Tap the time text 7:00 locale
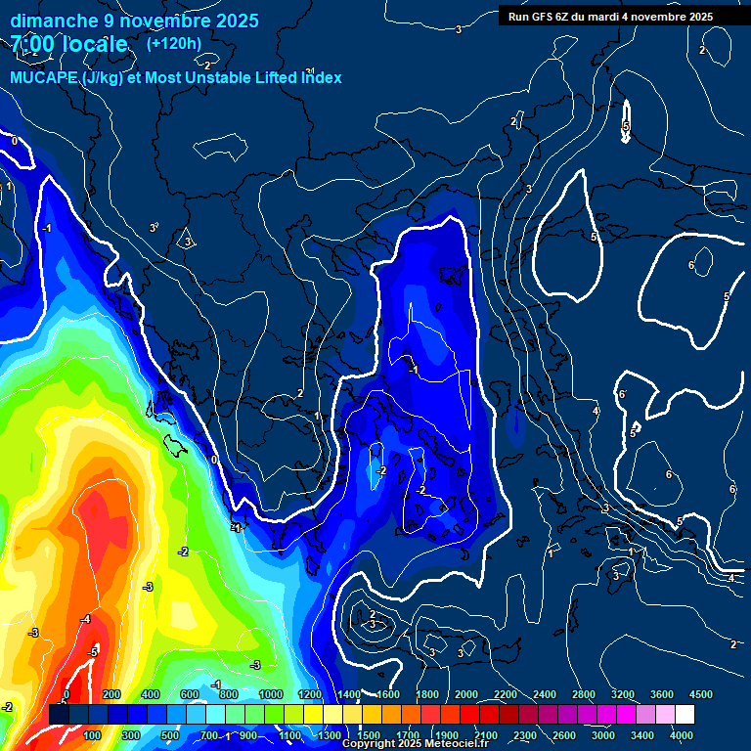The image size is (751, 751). pyautogui.click(x=69, y=44)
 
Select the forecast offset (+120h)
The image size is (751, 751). pyautogui.click(x=174, y=43)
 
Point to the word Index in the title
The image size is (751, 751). pyautogui.click(x=321, y=77)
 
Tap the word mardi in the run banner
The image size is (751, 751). pyautogui.click(x=614, y=17)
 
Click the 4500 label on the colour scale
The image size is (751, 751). pyautogui.click(x=701, y=693)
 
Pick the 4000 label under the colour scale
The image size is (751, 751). pyautogui.click(x=682, y=735)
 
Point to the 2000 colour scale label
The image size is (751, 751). pyautogui.click(x=466, y=693)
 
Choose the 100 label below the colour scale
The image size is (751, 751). pyautogui.click(x=93, y=735)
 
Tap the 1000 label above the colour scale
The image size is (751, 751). pyautogui.click(x=271, y=693)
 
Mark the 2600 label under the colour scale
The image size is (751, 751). pyautogui.click(x=564, y=735)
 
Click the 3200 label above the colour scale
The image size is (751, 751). pyautogui.click(x=623, y=693)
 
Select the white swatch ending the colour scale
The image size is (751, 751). pyautogui.click(x=685, y=715)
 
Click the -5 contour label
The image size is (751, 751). pyautogui.click(x=93, y=651)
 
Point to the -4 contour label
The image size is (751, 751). pyautogui.click(x=85, y=619)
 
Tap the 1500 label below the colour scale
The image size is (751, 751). pyautogui.click(x=369, y=735)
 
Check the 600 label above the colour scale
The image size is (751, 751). pyautogui.click(x=190, y=693)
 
